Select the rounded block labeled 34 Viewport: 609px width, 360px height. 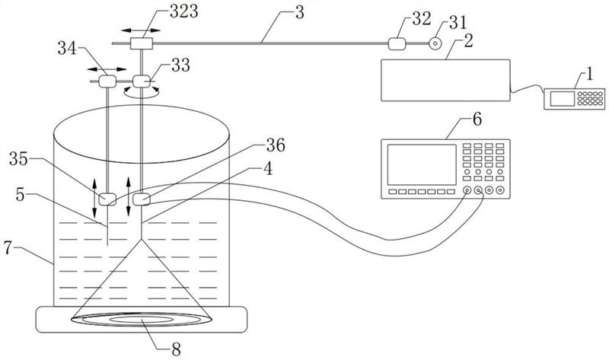pos(107,81)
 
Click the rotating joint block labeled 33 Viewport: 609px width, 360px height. pos(141,81)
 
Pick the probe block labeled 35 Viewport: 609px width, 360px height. pos(107,199)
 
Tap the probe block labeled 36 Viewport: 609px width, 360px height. pos(142,199)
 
